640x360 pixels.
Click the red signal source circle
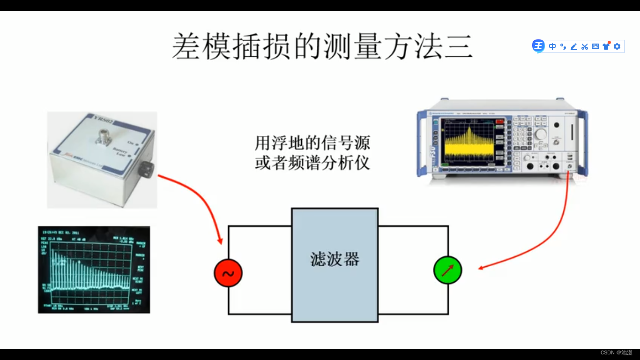[x=228, y=273]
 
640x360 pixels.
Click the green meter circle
[x=447, y=270]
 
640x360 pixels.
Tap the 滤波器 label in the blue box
[x=335, y=259]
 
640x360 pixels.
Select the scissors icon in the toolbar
[x=584, y=46]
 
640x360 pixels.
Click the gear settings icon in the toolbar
[x=617, y=46]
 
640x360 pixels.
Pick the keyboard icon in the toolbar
[x=595, y=46]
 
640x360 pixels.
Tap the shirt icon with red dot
[x=606, y=46]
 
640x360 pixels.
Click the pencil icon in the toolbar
[x=573, y=46]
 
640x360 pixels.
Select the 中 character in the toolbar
[x=552, y=46]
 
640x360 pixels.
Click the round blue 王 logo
[x=538, y=46]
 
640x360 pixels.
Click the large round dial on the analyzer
[x=541, y=134]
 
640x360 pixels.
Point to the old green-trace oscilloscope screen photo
[x=94, y=270]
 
